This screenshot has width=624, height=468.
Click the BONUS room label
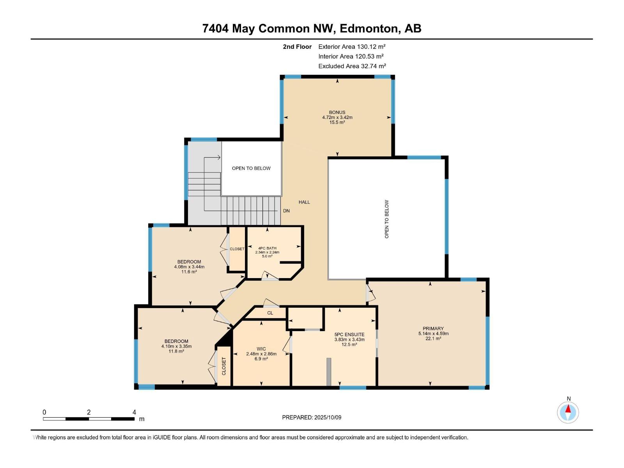click(x=337, y=112)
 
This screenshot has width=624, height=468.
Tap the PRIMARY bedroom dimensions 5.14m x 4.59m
click(x=433, y=333)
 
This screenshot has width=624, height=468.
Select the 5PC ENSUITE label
click(x=349, y=334)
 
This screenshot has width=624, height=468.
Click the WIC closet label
click(x=261, y=349)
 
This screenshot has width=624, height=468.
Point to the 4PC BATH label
click(x=267, y=248)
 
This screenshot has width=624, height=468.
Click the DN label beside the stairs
click(x=286, y=211)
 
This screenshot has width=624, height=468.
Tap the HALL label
click(x=304, y=202)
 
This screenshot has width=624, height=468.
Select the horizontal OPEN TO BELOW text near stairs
click(x=251, y=168)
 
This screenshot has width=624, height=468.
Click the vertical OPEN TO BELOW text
click(x=387, y=219)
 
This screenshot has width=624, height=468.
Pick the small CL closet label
click(x=270, y=313)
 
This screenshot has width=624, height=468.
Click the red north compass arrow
click(x=568, y=409)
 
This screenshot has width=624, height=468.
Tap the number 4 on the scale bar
click(x=134, y=412)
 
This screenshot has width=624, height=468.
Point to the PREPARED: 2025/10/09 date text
click(x=312, y=417)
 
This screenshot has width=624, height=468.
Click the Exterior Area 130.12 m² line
click(x=352, y=46)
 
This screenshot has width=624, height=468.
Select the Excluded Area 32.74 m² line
click(x=352, y=66)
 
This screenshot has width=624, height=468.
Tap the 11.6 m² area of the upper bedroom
click(x=189, y=272)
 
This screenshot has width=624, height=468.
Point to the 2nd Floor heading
click(x=297, y=46)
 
